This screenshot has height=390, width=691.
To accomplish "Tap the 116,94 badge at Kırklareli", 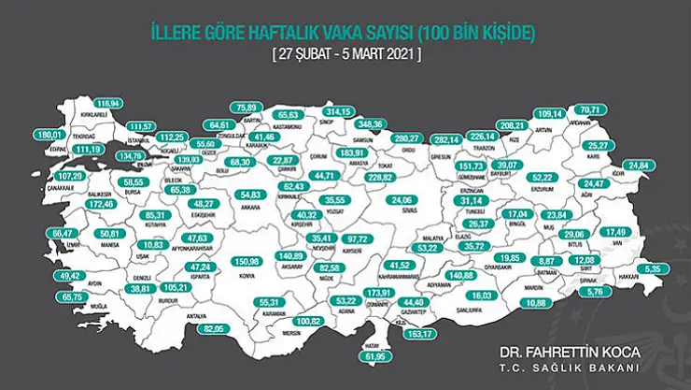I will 110,102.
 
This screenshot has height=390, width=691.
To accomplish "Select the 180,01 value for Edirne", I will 47,135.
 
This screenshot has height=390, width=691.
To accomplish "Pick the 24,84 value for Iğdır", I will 637,166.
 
